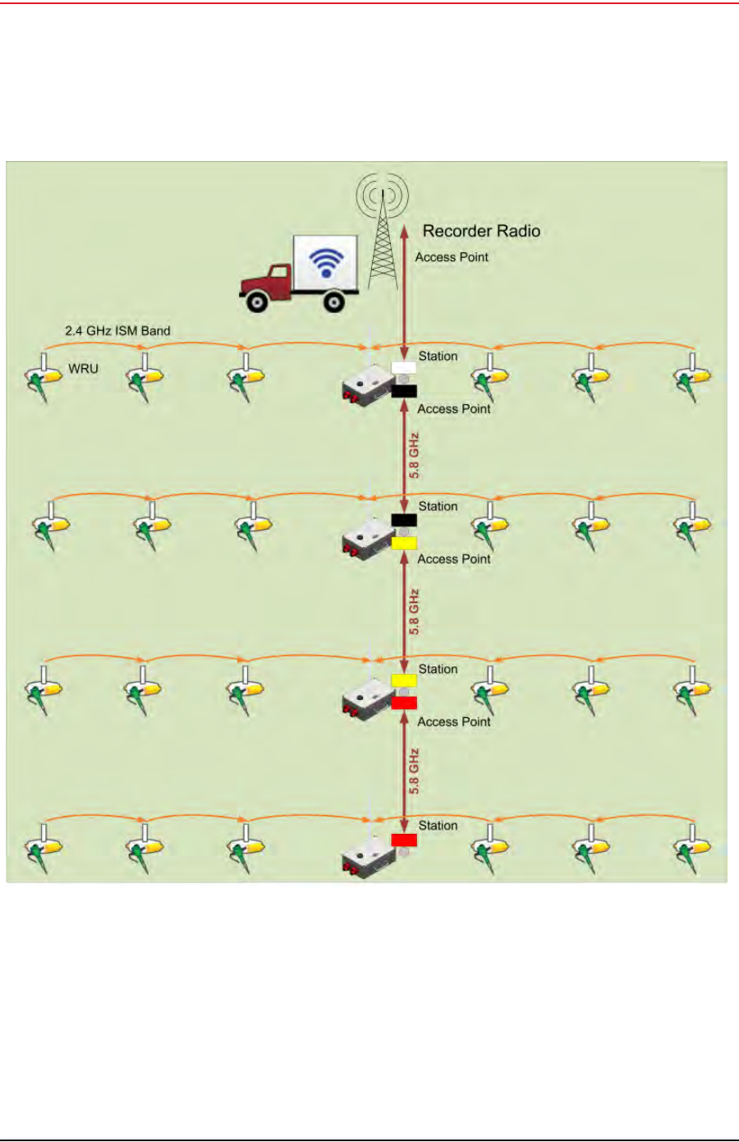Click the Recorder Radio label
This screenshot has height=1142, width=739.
tap(481, 231)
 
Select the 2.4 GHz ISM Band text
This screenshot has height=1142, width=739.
tap(117, 331)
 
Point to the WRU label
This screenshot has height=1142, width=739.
tap(83, 369)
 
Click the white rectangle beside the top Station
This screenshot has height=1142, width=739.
tap(403, 367)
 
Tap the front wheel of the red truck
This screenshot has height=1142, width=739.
tap(258, 302)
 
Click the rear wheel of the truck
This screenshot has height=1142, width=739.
tap(333, 302)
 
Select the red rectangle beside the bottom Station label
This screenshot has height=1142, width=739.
tap(404, 840)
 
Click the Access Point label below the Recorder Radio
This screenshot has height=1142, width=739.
tap(452, 257)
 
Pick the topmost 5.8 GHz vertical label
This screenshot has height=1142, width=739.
tap(414, 456)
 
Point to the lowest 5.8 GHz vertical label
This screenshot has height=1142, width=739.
tap(414, 771)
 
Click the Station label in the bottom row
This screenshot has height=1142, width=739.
tap(438, 826)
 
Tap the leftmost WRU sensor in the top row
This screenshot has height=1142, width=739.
tap(44, 378)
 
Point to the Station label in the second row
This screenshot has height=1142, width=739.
tap(438, 507)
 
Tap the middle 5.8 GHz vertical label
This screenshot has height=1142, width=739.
tap(414, 612)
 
